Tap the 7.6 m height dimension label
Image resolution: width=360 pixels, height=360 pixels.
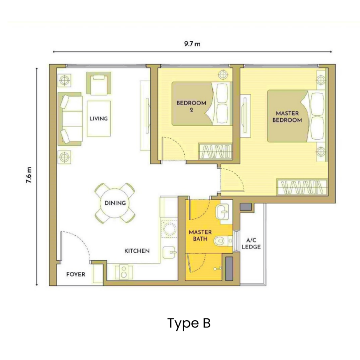click(29, 177)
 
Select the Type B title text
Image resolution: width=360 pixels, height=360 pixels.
click(189, 323)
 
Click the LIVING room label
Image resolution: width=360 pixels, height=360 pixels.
click(98, 119)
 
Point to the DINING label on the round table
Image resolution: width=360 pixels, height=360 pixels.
click(115, 203)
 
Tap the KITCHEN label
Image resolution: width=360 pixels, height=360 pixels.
click(137, 251)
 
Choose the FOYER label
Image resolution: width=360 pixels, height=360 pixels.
click(75, 274)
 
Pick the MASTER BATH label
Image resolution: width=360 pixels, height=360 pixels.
click(200, 236)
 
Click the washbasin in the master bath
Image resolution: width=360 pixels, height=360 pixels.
click(224, 213)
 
